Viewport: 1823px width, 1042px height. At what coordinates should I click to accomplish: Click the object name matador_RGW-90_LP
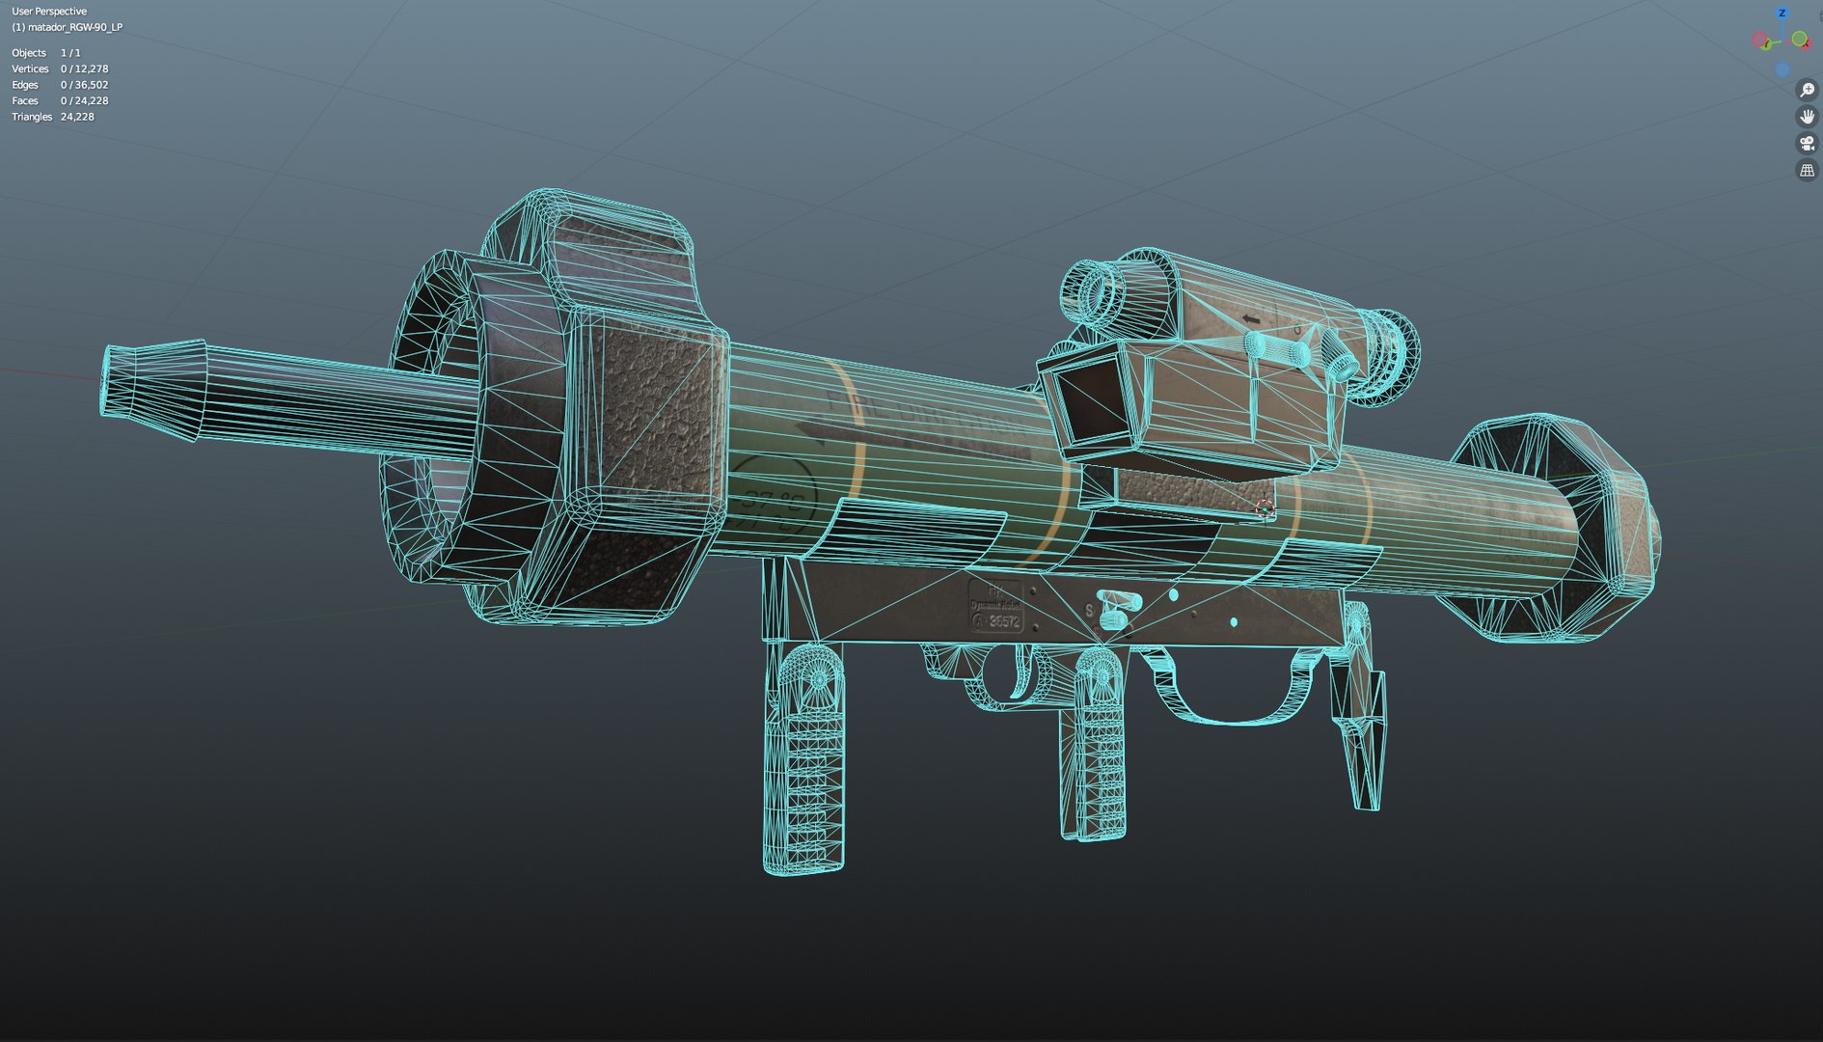tap(74, 27)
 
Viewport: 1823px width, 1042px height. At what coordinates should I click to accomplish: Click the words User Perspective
tap(49, 12)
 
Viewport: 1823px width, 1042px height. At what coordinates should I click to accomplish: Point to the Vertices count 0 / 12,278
tap(84, 69)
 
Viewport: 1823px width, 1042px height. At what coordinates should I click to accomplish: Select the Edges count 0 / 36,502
tap(84, 85)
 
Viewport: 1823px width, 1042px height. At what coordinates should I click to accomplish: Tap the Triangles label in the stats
tap(32, 117)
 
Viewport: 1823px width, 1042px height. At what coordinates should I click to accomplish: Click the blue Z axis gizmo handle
tap(1782, 14)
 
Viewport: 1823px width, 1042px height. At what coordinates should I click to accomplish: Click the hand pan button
tap(1807, 117)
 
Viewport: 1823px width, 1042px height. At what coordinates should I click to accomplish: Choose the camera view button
tap(1807, 144)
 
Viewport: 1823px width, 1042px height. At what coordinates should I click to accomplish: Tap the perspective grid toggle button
tap(1807, 171)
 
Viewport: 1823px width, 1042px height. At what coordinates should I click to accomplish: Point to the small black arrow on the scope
tap(1251, 319)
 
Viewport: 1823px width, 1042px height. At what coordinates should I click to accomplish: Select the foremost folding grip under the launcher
tap(803, 762)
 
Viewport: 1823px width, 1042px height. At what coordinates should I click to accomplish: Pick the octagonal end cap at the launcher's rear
tap(1563, 531)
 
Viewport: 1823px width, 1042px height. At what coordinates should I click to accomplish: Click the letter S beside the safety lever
tap(1089, 611)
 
